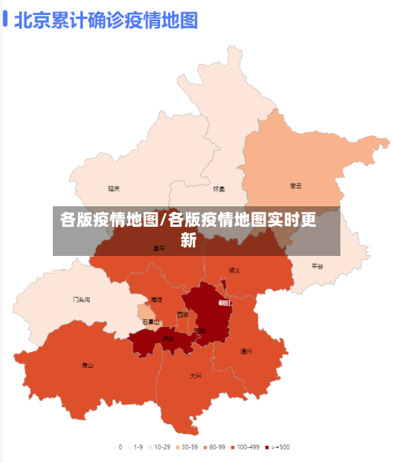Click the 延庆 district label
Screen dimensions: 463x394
pos(114,189)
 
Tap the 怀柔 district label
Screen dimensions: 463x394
pos(219,189)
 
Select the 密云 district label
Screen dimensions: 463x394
pos(296,186)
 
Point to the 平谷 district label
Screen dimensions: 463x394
pos(318,266)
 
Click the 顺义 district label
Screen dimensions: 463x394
pos(234,269)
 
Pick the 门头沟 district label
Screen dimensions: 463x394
pos(82,299)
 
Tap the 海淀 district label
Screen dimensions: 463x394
pos(157,300)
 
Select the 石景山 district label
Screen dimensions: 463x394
pos(151,322)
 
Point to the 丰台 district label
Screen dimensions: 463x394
pos(169,339)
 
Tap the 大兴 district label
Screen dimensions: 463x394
pos(195,376)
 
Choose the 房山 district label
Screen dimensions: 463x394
pos(87,365)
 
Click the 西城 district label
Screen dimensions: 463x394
pos(183,314)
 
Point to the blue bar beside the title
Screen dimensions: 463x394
pos(6,20)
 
